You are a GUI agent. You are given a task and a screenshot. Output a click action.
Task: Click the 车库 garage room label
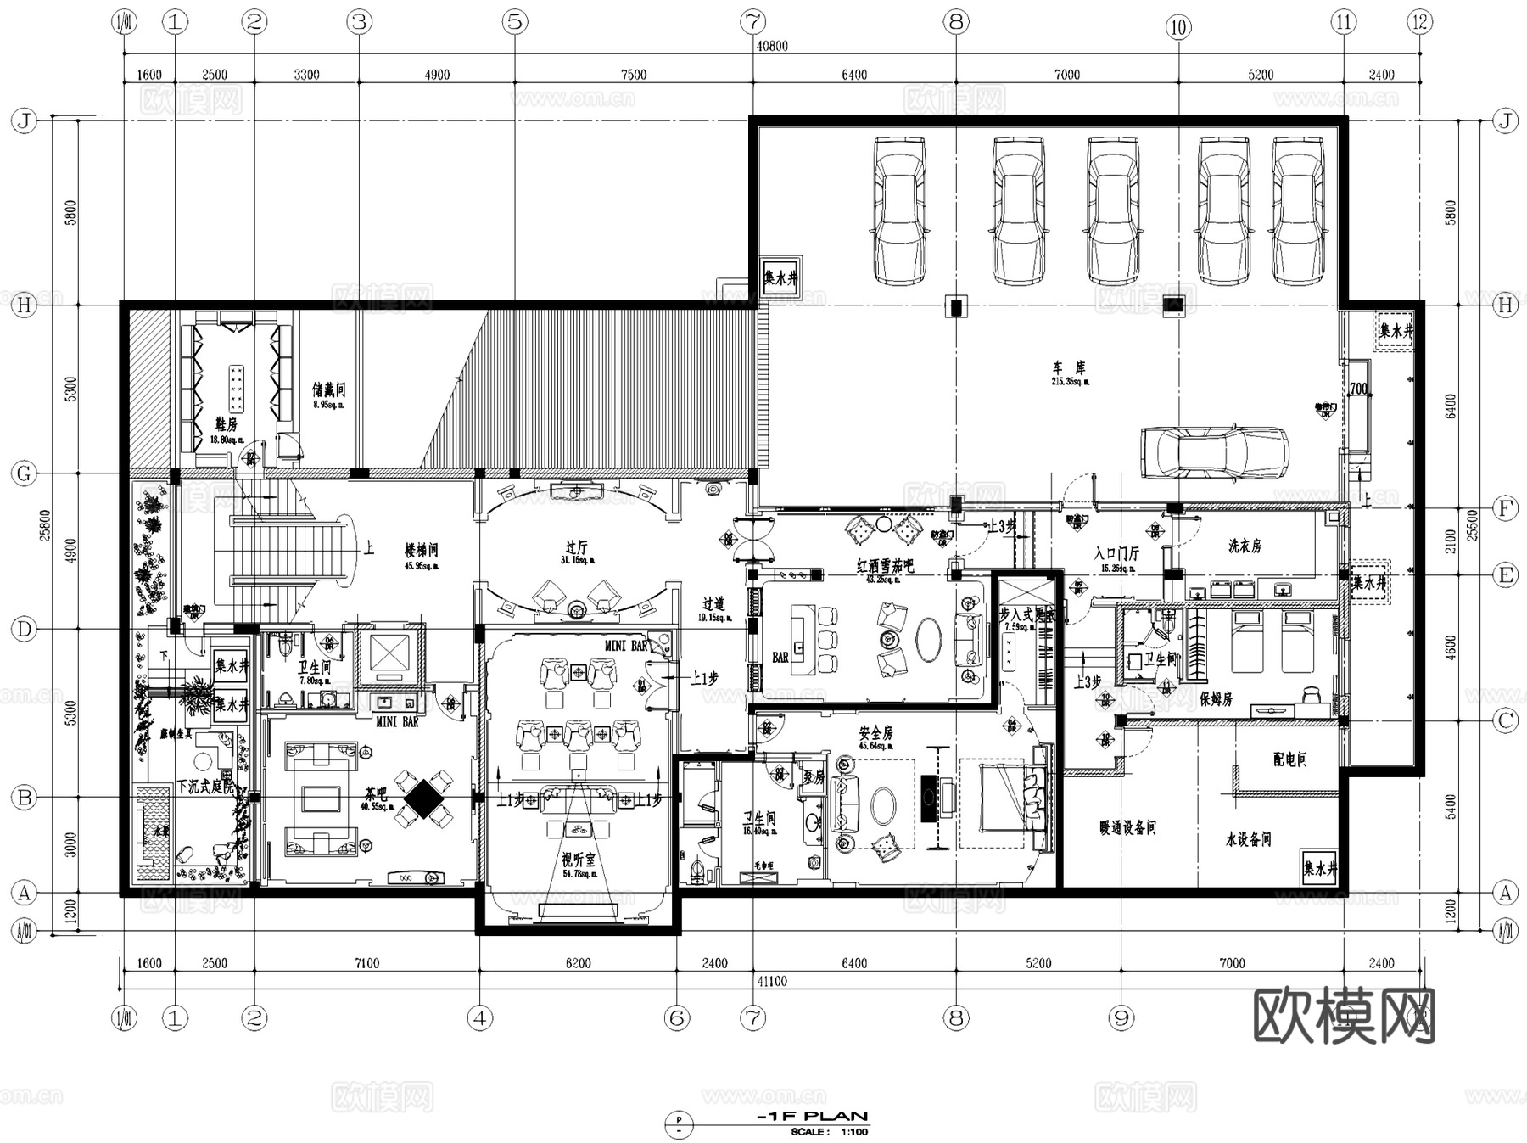coord(1069,368)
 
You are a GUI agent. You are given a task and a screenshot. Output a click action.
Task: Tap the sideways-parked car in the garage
coord(1214,452)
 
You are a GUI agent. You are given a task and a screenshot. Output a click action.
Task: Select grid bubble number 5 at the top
coord(515,22)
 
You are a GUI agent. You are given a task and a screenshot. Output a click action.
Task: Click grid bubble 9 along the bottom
coord(1121,1017)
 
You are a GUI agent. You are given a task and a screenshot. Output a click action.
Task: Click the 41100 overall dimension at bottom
coord(771,981)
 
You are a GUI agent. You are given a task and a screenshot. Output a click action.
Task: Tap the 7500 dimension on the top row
coord(633,75)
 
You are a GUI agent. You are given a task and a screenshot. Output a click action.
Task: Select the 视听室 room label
coord(578,859)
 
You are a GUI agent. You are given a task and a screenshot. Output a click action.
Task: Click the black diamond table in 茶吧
coord(422,798)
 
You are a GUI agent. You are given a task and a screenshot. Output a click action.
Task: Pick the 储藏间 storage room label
coord(328,390)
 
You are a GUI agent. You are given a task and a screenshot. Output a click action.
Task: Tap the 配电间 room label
coord(1289,759)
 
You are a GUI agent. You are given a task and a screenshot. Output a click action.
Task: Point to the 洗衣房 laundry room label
coord(1245,546)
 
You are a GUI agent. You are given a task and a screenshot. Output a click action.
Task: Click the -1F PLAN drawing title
coord(812,1116)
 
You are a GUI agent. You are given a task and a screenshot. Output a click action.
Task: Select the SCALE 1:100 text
coord(829,1131)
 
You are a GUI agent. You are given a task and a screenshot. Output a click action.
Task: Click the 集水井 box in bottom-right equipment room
coord(1319,869)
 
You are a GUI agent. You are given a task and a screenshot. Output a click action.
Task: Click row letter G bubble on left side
coord(24,473)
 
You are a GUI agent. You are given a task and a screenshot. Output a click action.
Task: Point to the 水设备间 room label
coord(1248,839)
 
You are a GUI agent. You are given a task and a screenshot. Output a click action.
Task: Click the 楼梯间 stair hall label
coord(421,551)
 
